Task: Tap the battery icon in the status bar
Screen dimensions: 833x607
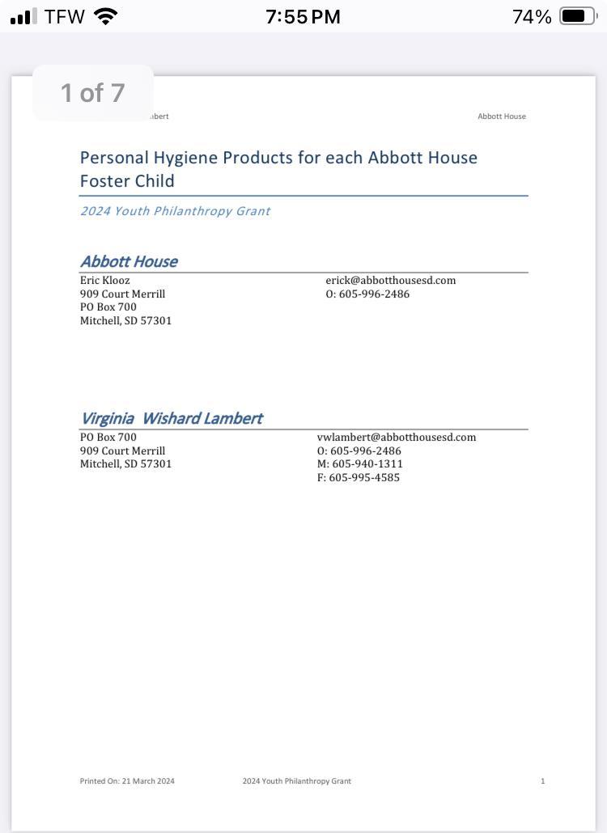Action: [577, 16]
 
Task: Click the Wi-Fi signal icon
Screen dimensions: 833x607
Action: [106, 16]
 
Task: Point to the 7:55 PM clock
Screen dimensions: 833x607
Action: [303, 16]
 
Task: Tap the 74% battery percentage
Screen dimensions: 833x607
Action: [532, 16]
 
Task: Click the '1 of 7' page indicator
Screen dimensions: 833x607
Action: [93, 93]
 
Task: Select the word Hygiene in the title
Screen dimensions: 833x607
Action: [185, 158]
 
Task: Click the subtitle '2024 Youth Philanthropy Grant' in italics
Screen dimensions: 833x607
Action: [175, 211]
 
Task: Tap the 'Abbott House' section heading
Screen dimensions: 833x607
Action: [129, 261]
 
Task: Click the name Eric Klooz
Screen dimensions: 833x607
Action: [104, 281]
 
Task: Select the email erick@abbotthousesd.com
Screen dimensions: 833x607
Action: [391, 281]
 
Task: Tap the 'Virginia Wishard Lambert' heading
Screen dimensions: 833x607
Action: [171, 418]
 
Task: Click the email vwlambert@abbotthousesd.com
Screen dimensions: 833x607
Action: [397, 438]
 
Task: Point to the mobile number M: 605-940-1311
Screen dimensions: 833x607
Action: [360, 464]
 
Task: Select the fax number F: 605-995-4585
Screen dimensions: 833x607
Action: [359, 478]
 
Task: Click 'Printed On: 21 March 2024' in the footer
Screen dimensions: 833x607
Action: [127, 781]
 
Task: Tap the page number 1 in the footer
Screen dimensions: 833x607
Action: [543, 781]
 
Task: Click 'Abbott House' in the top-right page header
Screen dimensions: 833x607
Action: [502, 116]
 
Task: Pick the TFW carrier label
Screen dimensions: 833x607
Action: [65, 16]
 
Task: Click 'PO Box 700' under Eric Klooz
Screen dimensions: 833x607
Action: [108, 307]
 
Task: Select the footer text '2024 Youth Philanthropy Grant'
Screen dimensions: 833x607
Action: [297, 781]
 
